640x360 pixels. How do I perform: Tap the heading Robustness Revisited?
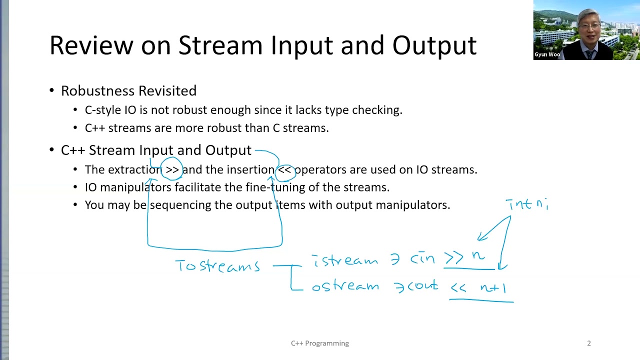point(128,90)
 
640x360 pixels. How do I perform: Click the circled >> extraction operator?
point(172,169)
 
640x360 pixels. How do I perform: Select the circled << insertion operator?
point(284,169)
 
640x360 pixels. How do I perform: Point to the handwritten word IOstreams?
point(217,265)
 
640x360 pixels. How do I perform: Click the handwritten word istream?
point(345,260)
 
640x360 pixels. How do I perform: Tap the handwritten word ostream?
point(345,286)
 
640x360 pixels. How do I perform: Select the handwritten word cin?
point(422,258)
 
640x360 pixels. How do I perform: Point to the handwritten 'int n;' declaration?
point(527,204)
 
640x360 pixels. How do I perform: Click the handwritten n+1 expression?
point(493,288)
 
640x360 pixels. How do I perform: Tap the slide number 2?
point(588,343)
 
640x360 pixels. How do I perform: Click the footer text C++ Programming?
point(320,343)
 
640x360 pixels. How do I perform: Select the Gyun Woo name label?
point(546,54)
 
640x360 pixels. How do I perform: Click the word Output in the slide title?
point(434,45)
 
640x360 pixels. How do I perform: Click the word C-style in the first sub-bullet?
point(103,110)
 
